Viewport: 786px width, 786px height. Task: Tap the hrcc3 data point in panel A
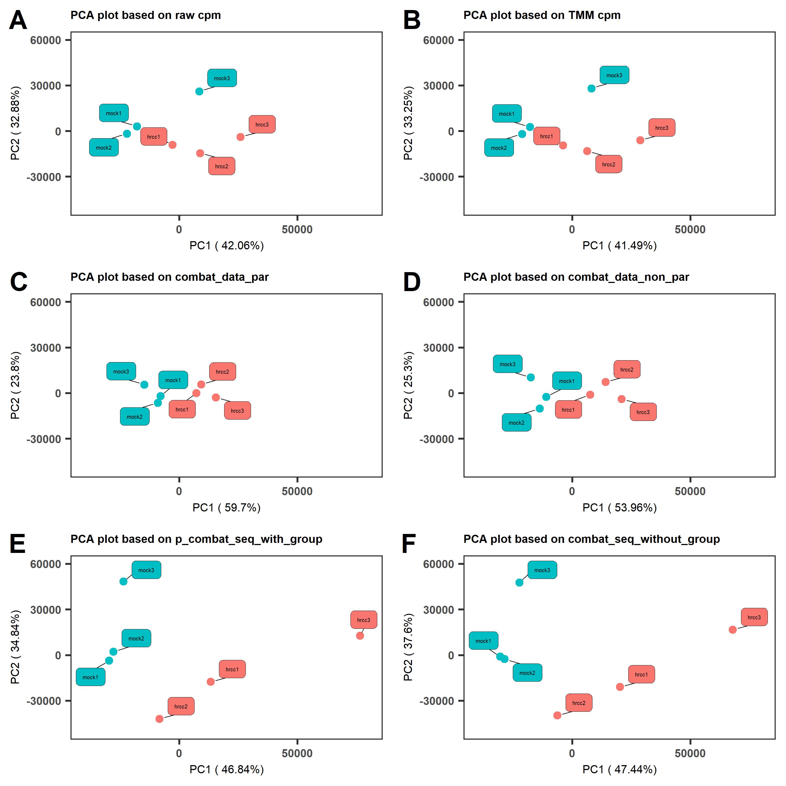[240, 137]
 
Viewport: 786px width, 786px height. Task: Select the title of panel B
[542, 15]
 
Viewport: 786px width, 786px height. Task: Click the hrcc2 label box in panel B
[609, 164]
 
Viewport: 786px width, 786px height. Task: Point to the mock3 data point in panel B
[592, 89]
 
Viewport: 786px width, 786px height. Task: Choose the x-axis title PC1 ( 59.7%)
[226, 508]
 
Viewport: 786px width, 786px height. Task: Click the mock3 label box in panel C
[121, 371]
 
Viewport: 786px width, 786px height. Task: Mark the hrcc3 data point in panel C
[216, 398]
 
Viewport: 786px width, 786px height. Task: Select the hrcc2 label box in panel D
[627, 369]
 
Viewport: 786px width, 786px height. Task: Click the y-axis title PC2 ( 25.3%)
[408, 385]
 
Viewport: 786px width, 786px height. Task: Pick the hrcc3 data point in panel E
[360, 636]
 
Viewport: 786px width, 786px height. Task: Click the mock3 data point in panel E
[123, 582]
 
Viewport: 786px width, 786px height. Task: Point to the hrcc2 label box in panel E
[181, 707]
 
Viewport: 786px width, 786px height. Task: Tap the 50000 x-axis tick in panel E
[297, 753]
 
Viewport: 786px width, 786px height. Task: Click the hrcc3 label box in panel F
[754, 617]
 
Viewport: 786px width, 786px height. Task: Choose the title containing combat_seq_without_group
[592, 539]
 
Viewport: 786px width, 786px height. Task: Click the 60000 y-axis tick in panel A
[46, 40]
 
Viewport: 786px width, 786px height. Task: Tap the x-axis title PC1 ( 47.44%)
[620, 770]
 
